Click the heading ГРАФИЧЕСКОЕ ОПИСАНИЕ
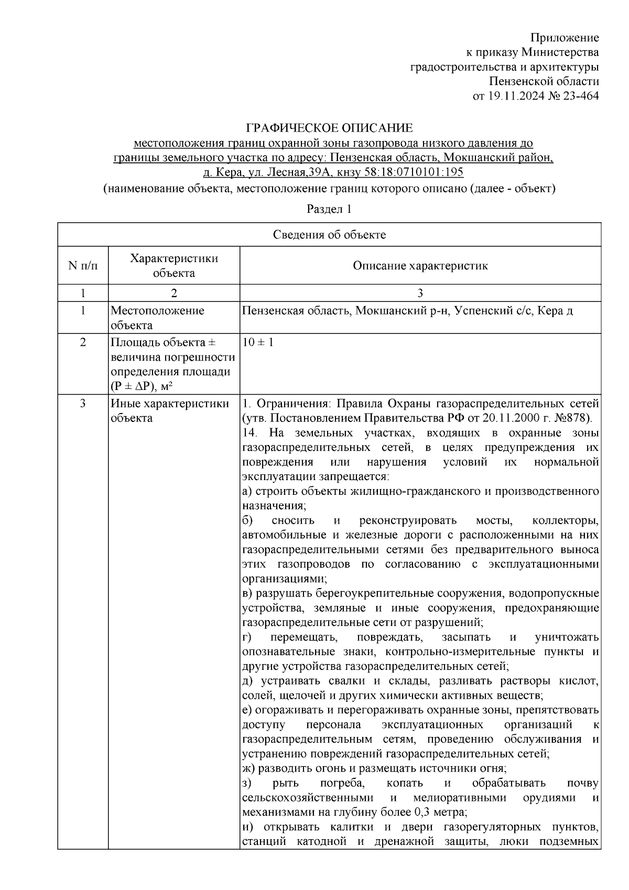(330, 128)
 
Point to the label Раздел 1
(329, 209)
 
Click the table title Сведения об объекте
(329, 235)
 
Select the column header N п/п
(83, 265)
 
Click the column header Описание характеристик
(420, 265)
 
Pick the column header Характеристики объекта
(173, 265)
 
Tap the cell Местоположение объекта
(157, 318)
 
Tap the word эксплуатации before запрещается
(276, 477)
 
